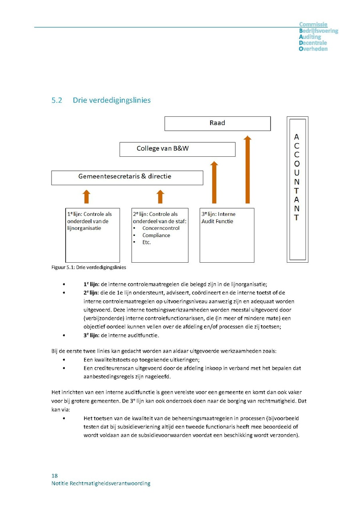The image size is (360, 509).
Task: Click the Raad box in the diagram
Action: (x=217, y=123)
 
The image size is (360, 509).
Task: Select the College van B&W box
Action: (x=177, y=149)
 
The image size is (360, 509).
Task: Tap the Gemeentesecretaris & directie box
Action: (x=127, y=178)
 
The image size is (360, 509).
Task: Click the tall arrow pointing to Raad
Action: (x=248, y=170)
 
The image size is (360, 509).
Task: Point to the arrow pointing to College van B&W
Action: (x=214, y=182)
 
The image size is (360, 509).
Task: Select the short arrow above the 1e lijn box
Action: (x=86, y=197)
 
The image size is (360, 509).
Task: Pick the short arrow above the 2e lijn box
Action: (x=160, y=197)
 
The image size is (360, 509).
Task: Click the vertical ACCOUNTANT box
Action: (x=297, y=189)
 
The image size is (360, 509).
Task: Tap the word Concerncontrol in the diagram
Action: (x=161, y=228)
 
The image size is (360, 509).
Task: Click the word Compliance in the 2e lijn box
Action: (x=156, y=236)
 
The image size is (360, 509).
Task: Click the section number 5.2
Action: (x=57, y=100)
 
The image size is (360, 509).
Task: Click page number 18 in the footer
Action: (x=54, y=476)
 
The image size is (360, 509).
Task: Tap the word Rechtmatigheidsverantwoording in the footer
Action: (x=110, y=483)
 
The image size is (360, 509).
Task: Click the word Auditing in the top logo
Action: (x=310, y=37)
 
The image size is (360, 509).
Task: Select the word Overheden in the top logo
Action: (x=313, y=49)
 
